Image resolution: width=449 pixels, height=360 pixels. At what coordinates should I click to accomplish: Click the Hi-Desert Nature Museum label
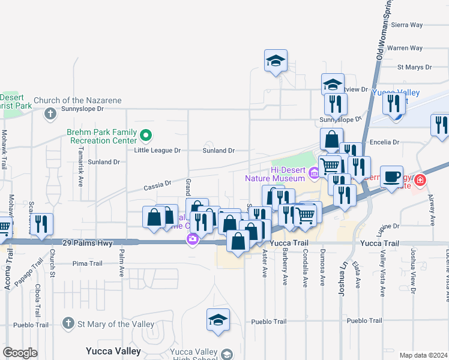pyautogui.click(x=276, y=174)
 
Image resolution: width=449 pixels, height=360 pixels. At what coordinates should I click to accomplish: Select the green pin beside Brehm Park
pyautogui.click(x=145, y=134)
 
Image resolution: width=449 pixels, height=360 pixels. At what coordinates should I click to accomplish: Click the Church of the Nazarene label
pyautogui.click(x=77, y=100)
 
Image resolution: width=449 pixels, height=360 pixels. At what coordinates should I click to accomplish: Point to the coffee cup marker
pyautogui.click(x=391, y=176)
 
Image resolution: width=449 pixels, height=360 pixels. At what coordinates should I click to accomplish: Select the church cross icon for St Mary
pyautogui.click(x=70, y=323)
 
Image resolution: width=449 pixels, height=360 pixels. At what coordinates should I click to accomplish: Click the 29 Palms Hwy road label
pyautogui.click(x=87, y=242)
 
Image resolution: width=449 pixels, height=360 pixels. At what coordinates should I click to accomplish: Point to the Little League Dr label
pyautogui.click(x=157, y=151)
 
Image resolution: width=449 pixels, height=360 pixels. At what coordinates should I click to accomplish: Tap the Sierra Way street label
pyautogui.click(x=406, y=25)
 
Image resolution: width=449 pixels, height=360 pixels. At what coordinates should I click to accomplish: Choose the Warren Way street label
pyautogui.click(x=405, y=48)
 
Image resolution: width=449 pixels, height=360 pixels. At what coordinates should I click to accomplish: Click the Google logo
pyautogui.click(x=20, y=353)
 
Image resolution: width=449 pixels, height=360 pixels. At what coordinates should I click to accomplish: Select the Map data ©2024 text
pyautogui.click(x=423, y=355)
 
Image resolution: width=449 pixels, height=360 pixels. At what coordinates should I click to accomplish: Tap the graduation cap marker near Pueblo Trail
pyautogui.click(x=218, y=319)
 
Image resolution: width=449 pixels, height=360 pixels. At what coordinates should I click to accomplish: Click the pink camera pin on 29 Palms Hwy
pyautogui.click(x=192, y=240)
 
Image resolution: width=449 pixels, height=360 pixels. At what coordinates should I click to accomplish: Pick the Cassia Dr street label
pyautogui.click(x=157, y=187)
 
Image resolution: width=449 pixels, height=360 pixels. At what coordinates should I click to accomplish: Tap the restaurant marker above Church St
pyautogui.click(x=41, y=224)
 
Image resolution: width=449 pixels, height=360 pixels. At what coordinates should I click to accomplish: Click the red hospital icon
pyautogui.click(x=420, y=179)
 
